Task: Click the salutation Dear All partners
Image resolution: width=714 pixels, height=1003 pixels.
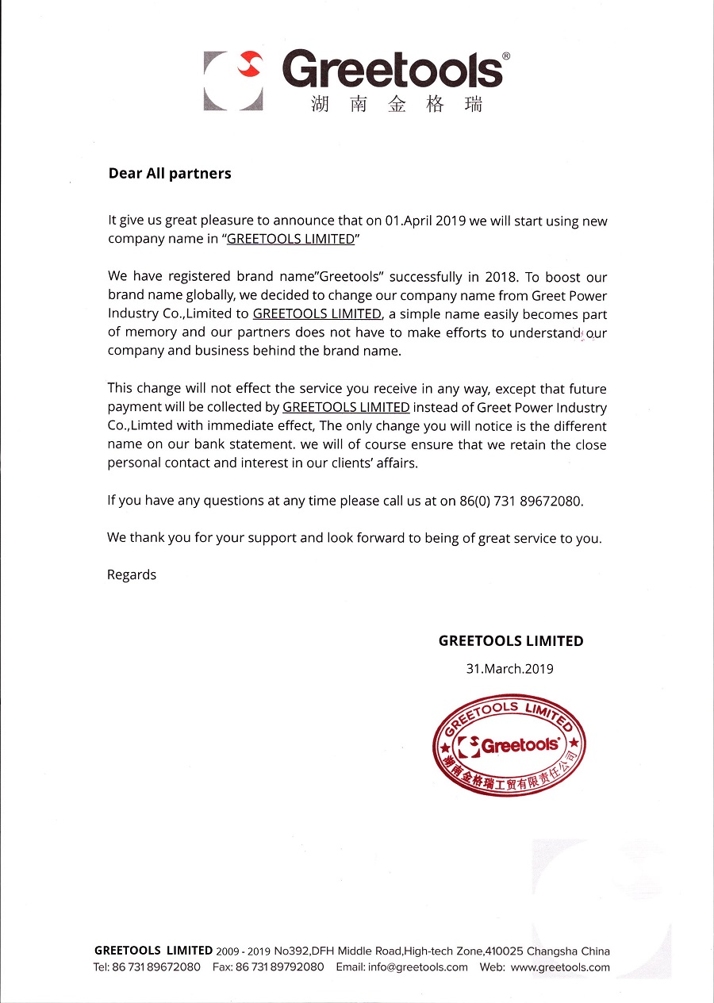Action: pos(170,173)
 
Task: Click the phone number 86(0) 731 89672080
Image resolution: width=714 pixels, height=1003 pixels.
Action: pos(521,501)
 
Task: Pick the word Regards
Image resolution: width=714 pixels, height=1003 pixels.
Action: pos(132,575)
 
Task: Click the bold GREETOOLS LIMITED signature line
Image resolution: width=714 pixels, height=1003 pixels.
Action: pos(511,640)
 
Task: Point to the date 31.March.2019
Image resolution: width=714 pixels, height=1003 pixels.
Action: pos(509,668)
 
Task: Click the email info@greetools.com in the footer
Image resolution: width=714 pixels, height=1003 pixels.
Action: pos(401,966)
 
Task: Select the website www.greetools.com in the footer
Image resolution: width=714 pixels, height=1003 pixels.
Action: pos(560,966)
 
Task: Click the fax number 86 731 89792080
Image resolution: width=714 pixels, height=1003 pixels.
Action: pos(279,966)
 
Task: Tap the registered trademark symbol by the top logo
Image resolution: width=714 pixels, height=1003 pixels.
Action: pos(506,56)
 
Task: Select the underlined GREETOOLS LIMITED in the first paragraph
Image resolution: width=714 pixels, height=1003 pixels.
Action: pos(290,239)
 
